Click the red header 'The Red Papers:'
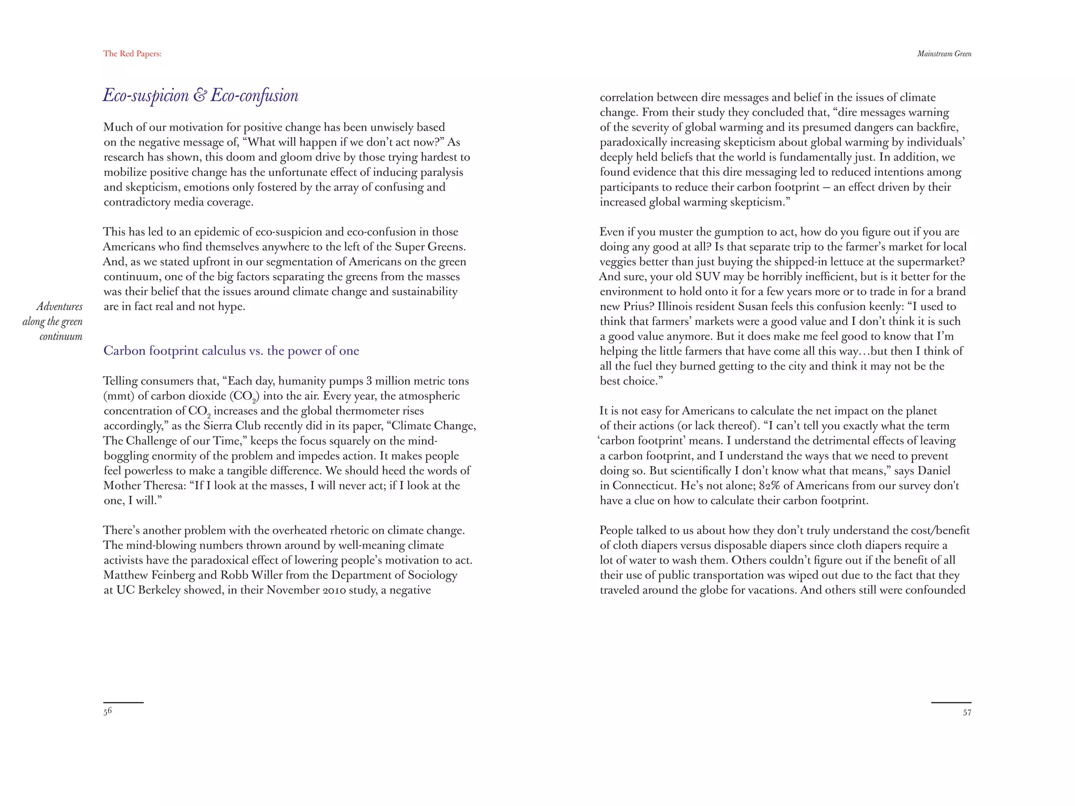pyautogui.click(x=132, y=54)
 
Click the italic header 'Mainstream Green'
pyautogui.click(x=944, y=54)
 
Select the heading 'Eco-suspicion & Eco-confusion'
pyautogui.click(x=201, y=96)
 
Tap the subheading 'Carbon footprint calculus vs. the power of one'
pyautogui.click(x=231, y=351)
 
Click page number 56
pyautogui.click(x=108, y=712)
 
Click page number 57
pyautogui.click(x=967, y=713)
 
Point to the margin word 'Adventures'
pyautogui.click(x=59, y=306)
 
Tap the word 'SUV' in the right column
pyautogui.click(x=710, y=277)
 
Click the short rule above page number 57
pyautogui.click(x=951, y=702)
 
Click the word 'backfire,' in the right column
pyautogui.click(x=937, y=127)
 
